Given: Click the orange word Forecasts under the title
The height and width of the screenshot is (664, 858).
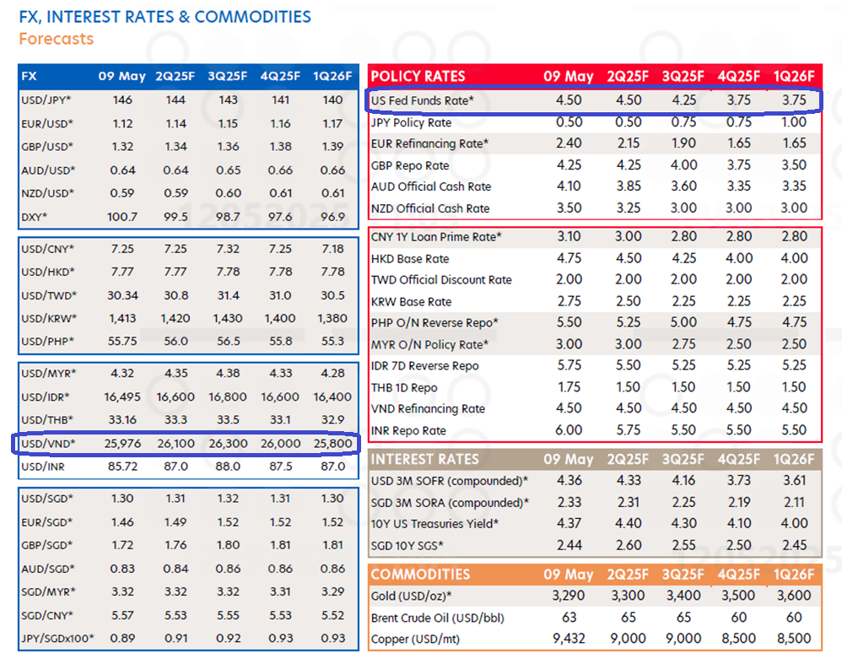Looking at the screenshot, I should pos(56,39).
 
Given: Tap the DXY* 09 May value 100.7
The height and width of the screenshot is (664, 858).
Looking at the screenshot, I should pos(122,216).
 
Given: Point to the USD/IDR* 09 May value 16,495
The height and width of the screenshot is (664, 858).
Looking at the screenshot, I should pos(122,397).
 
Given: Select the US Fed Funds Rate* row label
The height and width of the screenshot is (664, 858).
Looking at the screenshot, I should pos(422,100).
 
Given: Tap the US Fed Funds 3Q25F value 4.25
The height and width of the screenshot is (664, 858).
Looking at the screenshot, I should pos(683,100).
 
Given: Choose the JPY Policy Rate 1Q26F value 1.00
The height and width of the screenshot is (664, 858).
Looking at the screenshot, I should pos(793,121).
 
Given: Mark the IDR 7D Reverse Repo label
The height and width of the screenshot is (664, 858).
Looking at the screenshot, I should pos(424,365).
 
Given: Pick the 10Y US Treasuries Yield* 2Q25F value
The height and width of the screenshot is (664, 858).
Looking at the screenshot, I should pos(623,524).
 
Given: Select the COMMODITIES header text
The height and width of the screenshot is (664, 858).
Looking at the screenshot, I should pos(420,575).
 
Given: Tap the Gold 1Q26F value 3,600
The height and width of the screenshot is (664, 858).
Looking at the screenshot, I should pos(793,597).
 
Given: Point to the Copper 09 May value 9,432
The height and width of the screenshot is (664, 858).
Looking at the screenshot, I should pos(569,639).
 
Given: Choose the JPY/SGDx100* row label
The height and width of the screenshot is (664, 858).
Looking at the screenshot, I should pos(57,638).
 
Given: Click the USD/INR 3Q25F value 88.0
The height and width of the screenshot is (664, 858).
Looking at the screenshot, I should pos(228,466).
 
